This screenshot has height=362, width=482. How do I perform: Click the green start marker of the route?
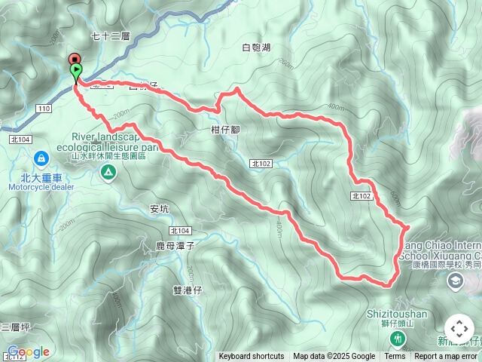point(76,72)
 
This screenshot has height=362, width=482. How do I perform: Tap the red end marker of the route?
point(75,59)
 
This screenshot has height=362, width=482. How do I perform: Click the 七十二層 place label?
point(110,35)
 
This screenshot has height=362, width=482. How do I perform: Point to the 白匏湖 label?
point(256,48)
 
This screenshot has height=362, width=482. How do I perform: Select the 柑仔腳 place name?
point(225,130)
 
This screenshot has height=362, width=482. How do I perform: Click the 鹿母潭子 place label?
point(175,246)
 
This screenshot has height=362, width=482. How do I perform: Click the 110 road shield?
point(44,109)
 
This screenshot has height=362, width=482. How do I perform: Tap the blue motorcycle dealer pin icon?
point(41,158)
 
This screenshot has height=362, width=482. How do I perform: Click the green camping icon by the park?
point(109,173)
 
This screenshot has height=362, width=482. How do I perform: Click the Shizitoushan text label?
point(397,314)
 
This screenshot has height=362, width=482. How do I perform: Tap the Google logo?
point(28,352)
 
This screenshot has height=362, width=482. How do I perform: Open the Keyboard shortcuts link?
point(252,357)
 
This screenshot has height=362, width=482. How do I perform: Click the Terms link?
point(395,357)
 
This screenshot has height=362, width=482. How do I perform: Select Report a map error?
point(446,357)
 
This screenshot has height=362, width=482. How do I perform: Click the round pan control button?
point(459,330)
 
